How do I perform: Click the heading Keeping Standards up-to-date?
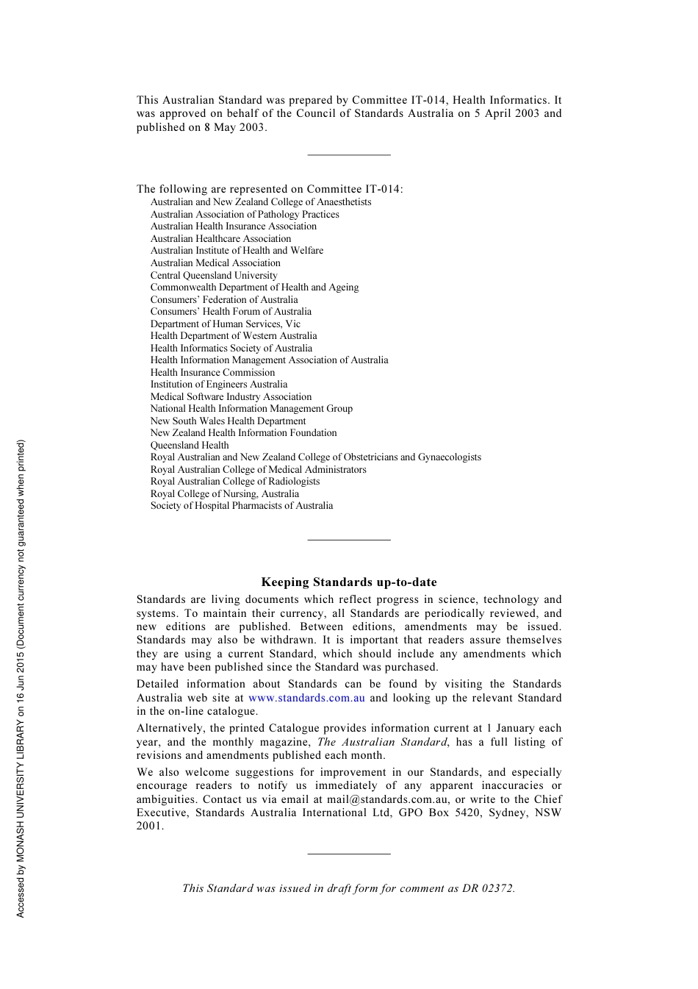(349, 582)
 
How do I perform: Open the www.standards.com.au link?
(306, 698)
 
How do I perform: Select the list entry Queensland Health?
(190, 446)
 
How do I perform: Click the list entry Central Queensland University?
(214, 276)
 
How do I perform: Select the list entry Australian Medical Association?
(215, 263)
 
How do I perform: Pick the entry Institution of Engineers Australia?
(219, 385)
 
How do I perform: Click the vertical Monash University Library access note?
(21, 678)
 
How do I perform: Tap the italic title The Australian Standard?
(382, 742)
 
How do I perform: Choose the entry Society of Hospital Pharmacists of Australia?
(242, 506)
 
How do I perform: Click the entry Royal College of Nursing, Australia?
(225, 494)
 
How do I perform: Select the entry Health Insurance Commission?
(212, 373)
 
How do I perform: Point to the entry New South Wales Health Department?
(228, 421)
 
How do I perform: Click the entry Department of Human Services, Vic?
(226, 324)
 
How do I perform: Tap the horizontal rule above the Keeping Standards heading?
(349, 540)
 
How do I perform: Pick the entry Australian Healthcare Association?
(220, 239)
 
